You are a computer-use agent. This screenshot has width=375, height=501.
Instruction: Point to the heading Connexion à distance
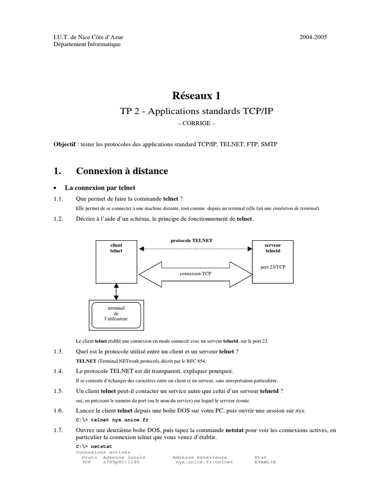(x=122, y=171)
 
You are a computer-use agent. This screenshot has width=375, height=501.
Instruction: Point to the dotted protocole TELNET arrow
(x=194, y=250)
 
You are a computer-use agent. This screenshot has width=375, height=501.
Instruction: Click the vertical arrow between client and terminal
(x=116, y=292)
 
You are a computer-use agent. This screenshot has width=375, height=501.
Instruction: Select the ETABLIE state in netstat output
(x=265, y=461)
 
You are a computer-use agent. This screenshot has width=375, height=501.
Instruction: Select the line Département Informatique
(x=86, y=44)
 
